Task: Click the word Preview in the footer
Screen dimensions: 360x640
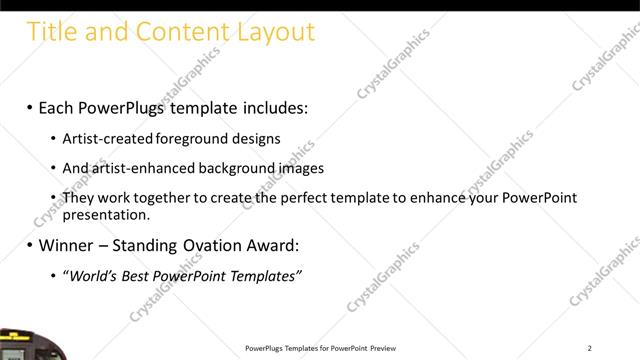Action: [387, 348]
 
